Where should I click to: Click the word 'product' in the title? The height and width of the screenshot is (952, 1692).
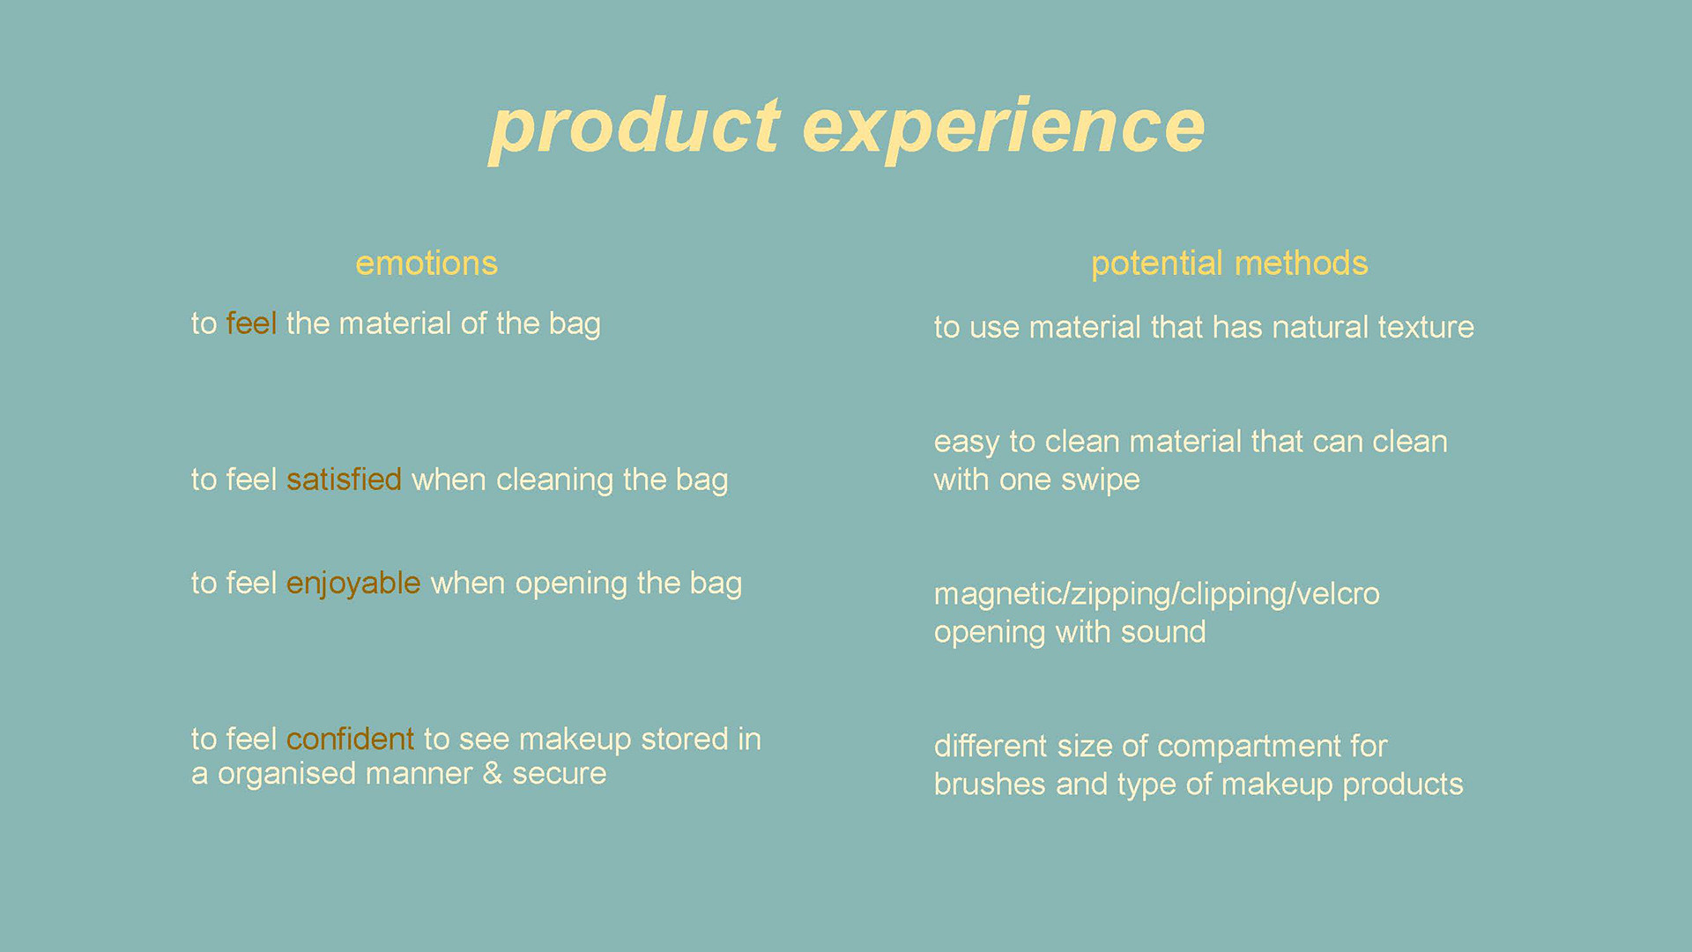coord(634,129)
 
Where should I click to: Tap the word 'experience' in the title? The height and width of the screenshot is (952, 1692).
coord(1004,129)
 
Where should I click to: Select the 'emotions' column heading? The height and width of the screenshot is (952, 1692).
coord(427,264)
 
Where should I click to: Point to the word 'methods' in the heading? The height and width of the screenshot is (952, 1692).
coord(1301,264)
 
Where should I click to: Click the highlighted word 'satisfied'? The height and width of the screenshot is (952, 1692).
coord(344,479)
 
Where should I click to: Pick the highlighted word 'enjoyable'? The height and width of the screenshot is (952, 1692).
coord(353,584)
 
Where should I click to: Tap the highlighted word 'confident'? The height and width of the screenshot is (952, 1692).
coord(350,739)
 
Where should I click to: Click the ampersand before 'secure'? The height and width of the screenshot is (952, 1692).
coord(492,773)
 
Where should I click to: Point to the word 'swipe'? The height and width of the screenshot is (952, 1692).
coord(1100,480)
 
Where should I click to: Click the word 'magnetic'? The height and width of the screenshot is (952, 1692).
coord(998,594)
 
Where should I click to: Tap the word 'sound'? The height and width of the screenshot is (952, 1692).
coord(1163,632)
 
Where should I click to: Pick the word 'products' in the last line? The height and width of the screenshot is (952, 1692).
coord(1403,785)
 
